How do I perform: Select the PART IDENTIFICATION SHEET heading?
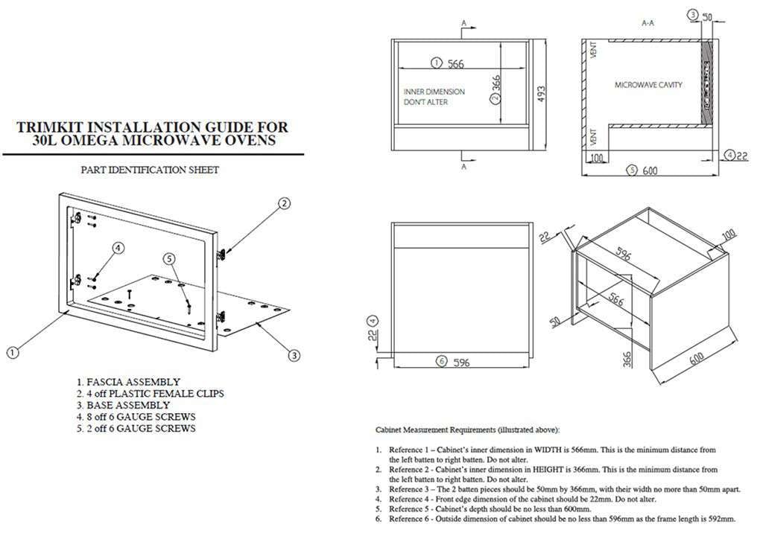coord(150,170)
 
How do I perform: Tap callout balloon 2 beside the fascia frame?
coord(284,203)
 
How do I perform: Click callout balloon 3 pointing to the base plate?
coord(294,356)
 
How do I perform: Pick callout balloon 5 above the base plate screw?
coord(169,258)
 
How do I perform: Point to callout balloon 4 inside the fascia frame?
coord(118,247)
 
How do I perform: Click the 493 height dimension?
coord(542,94)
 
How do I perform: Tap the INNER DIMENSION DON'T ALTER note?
coord(434,97)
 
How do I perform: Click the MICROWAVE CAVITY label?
coord(648,86)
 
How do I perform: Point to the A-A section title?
coord(648,24)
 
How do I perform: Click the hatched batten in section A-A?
coord(706,82)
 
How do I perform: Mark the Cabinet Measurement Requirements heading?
coord(466,430)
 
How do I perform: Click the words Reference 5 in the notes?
coord(409,508)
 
